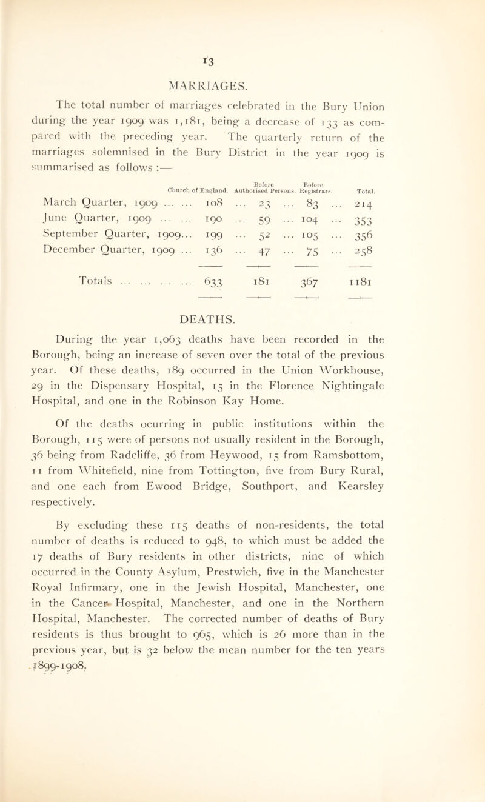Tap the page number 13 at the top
tap(242, 23)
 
